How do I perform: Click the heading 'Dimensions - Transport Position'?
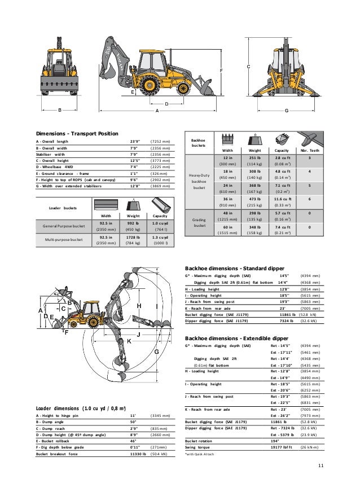click(x=77, y=133)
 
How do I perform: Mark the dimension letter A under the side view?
click(x=157, y=111)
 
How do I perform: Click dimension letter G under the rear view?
click(x=287, y=111)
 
